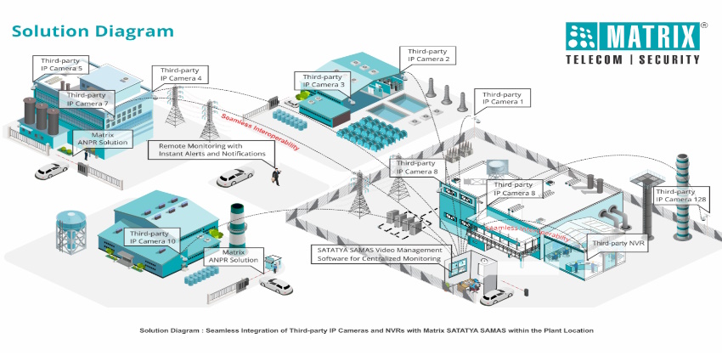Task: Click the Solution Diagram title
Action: [92, 31]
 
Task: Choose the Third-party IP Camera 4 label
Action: [181, 74]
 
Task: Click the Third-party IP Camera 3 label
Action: [319, 80]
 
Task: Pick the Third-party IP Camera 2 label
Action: [430, 54]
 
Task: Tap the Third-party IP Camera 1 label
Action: [503, 98]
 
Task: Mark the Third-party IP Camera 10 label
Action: [153, 237]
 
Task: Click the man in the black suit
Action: [275, 175]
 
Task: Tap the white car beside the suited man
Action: [234, 178]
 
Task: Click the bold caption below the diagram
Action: [366, 330]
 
